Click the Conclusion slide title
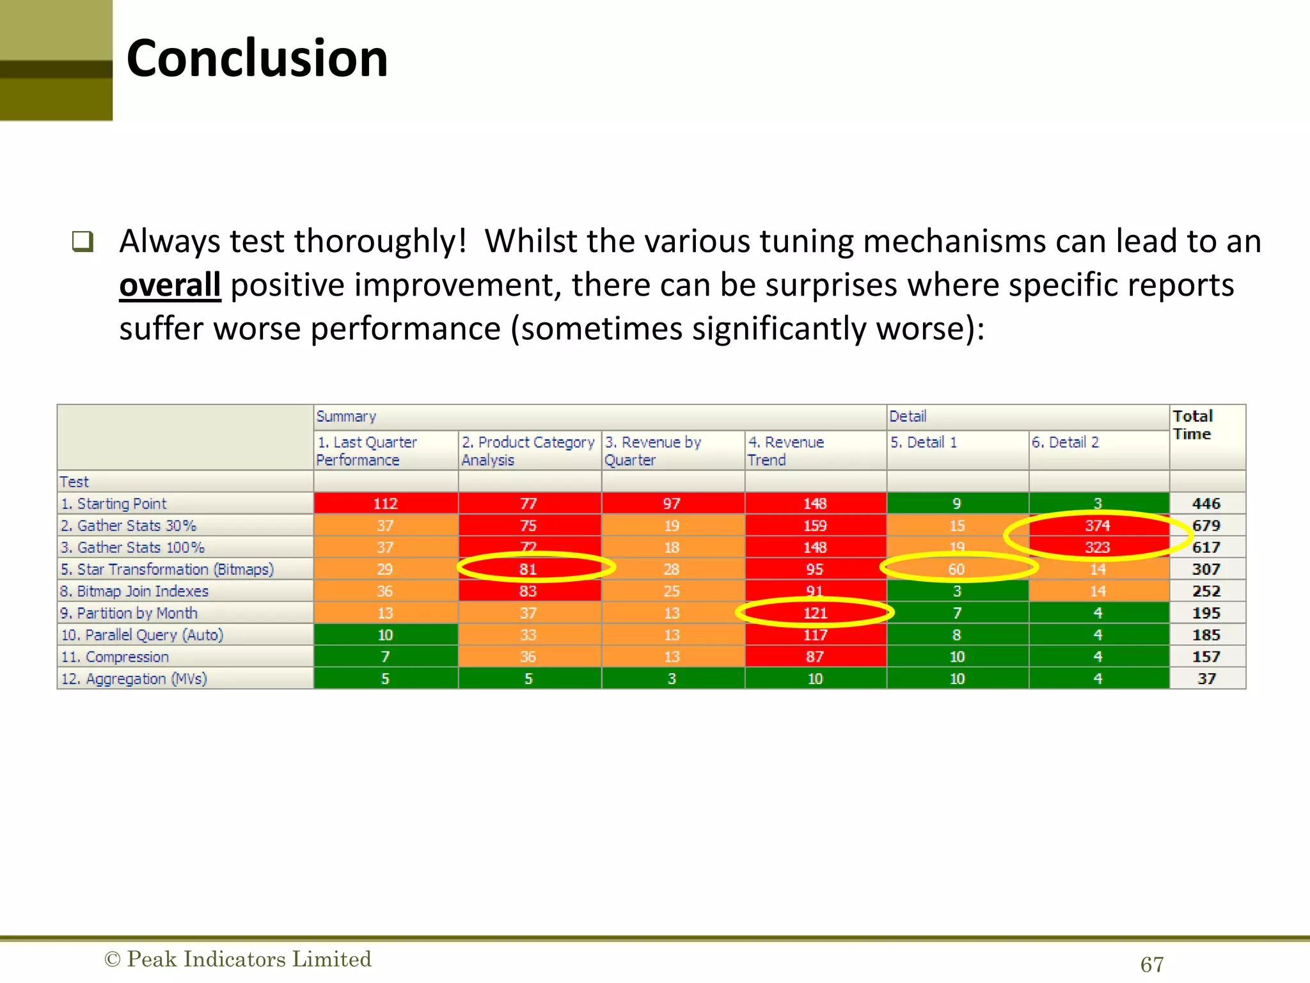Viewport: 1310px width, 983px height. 257,59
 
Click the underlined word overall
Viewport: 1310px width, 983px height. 170,285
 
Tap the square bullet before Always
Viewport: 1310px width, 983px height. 83,241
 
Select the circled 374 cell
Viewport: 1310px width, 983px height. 1098,525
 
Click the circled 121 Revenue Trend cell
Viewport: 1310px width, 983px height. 815,613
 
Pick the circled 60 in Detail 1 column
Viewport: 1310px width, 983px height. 956,569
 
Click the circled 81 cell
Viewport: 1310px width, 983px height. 528,569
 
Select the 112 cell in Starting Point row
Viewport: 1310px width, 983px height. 385,504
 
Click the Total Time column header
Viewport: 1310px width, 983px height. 1192,425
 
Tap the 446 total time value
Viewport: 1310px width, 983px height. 1206,504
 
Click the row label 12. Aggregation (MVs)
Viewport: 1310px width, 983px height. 134,678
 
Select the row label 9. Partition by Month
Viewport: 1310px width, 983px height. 129,613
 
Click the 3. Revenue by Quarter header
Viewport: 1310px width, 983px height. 653,451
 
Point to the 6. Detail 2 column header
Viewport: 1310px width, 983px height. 1065,442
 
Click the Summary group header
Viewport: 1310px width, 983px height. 346,417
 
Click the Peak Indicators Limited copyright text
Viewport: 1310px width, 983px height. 238,959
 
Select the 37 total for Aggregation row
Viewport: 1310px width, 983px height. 1206,678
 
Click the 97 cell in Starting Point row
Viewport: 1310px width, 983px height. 672,504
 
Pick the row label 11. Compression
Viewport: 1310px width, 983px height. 115,657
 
